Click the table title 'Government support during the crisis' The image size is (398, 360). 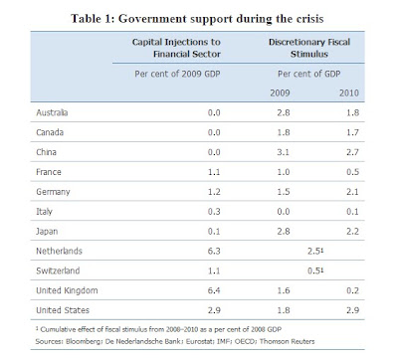click(x=221, y=19)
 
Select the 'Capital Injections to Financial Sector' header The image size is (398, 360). click(x=176, y=48)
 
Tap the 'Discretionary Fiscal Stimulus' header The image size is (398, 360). click(x=309, y=48)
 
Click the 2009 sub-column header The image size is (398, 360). click(x=280, y=92)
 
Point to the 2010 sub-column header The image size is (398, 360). click(x=349, y=92)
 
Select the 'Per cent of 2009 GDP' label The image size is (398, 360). click(x=177, y=74)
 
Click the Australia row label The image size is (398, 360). click(x=52, y=112)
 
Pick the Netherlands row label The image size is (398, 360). click(x=59, y=251)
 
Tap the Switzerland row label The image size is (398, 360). click(x=58, y=270)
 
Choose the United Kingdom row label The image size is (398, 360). click(x=67, y=290)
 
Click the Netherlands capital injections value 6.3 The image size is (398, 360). click(x=214, y=251)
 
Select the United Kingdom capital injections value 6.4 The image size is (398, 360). click(x=214, y=290)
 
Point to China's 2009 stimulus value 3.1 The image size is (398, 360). click(x=284, y=152)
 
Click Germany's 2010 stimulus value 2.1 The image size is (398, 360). click(x=352, y=192)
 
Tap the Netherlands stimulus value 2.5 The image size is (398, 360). click(x=313, y=251)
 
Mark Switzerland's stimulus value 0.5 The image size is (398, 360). click(x=313, y=270)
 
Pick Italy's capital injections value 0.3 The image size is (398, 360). click(x=214, y=212)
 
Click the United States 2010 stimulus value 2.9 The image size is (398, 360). click(x=352, y=310)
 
